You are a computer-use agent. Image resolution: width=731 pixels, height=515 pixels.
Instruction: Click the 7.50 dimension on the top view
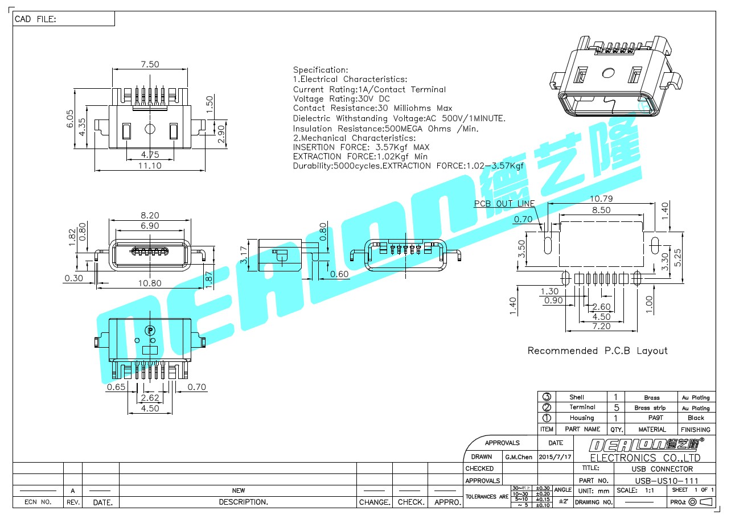point(150,64)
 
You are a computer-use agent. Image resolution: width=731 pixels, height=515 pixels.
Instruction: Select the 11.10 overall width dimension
point(150,166)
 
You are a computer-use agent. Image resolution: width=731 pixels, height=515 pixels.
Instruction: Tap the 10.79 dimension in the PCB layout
point(601,199)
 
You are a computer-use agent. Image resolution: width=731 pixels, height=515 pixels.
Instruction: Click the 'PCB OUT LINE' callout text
point(504,203)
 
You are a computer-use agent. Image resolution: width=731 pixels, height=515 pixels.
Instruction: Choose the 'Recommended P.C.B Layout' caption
point(597,351)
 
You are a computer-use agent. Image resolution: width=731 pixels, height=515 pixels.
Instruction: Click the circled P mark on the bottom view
point(150,330)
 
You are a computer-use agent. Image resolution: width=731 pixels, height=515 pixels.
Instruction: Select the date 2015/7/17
point(555,456)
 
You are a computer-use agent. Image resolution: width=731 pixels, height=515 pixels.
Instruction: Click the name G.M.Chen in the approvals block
point(519,456)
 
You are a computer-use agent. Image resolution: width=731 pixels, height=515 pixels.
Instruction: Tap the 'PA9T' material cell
point(652,418)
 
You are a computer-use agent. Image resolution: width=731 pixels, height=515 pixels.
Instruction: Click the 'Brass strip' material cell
point(650,407)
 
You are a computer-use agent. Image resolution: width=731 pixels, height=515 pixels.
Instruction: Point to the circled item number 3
point(547,397)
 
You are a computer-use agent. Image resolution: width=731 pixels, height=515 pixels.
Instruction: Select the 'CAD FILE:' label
point(35,19)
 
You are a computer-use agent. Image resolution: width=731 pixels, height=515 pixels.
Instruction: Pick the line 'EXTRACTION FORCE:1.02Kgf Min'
point(360,156)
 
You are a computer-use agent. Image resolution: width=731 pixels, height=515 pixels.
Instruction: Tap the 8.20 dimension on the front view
point(149,216)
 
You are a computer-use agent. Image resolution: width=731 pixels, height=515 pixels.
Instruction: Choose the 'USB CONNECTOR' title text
point(662,469)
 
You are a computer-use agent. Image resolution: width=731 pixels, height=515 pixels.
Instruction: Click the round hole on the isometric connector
point(608,73)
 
